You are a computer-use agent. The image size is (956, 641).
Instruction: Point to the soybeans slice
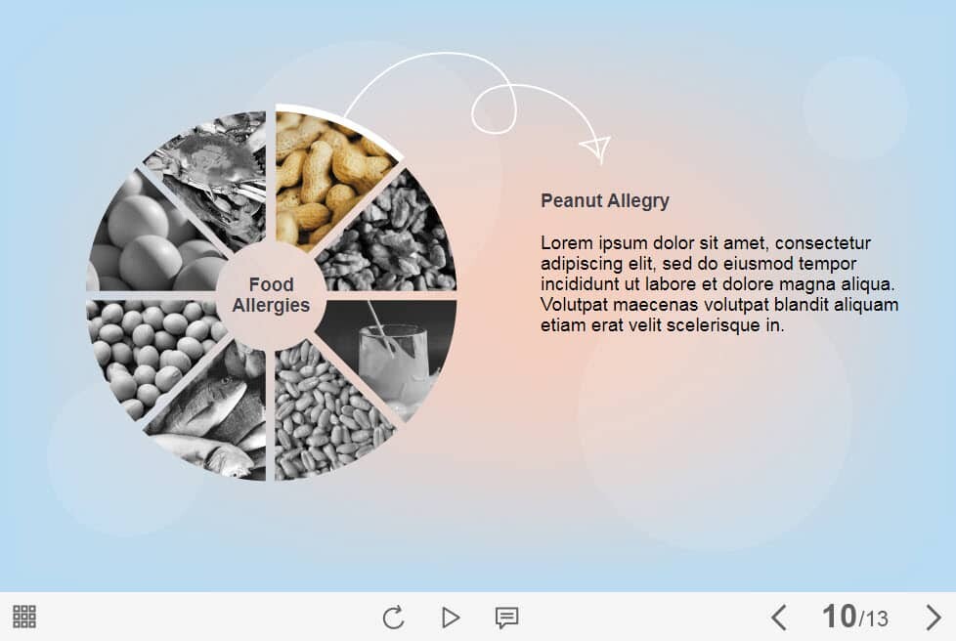[x=147, y=354]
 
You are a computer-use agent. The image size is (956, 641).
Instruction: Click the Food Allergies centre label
[x=272, y=295]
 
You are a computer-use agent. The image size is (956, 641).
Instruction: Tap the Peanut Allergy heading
[x=605, y=200]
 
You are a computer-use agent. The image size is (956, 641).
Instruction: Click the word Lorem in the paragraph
[x=566, y=243]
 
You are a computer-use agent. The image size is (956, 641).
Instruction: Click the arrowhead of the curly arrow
[x=596, y=150]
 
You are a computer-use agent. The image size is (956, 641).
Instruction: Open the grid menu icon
[x=24, y=617]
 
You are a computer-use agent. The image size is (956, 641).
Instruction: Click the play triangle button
[x=450, y=618]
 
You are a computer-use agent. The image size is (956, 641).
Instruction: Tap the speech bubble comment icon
[x=506, y=618]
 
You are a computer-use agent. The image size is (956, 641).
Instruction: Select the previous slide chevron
[x=778, y=618]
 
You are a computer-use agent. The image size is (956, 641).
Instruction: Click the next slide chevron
[x=934, y=618]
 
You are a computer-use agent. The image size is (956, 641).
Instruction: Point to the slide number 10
[x=839, y=616]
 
